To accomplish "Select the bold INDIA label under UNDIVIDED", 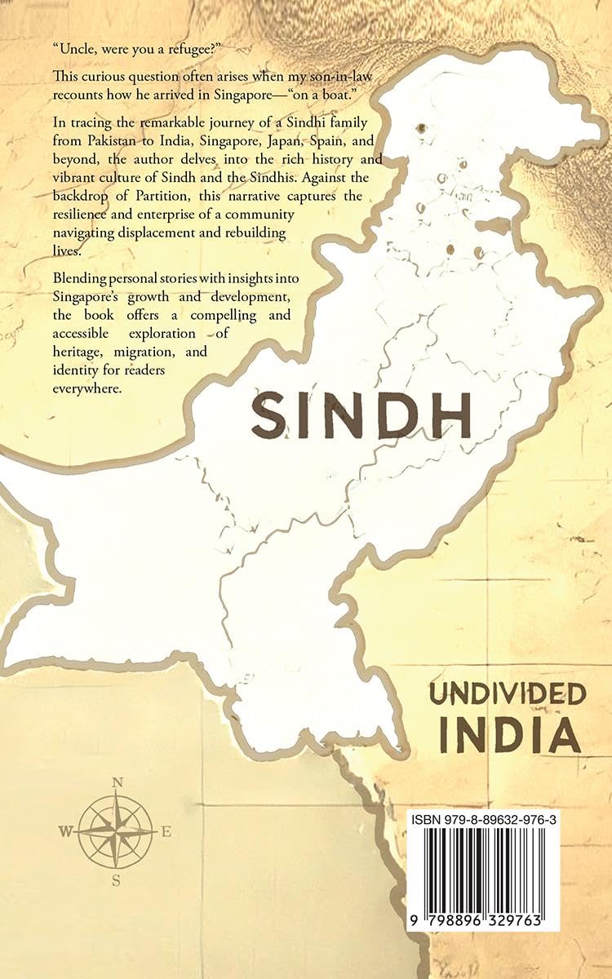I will pos(509,734).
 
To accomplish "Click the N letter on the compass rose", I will pos(117,782).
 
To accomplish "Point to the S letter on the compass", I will pos(117,880).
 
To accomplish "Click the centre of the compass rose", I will pos(117,832).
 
